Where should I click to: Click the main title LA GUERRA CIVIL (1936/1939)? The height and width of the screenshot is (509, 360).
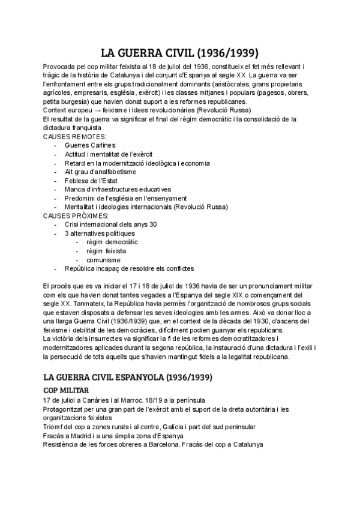[x=179, y=52]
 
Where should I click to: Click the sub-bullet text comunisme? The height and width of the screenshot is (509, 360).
[x=103, y=260]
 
